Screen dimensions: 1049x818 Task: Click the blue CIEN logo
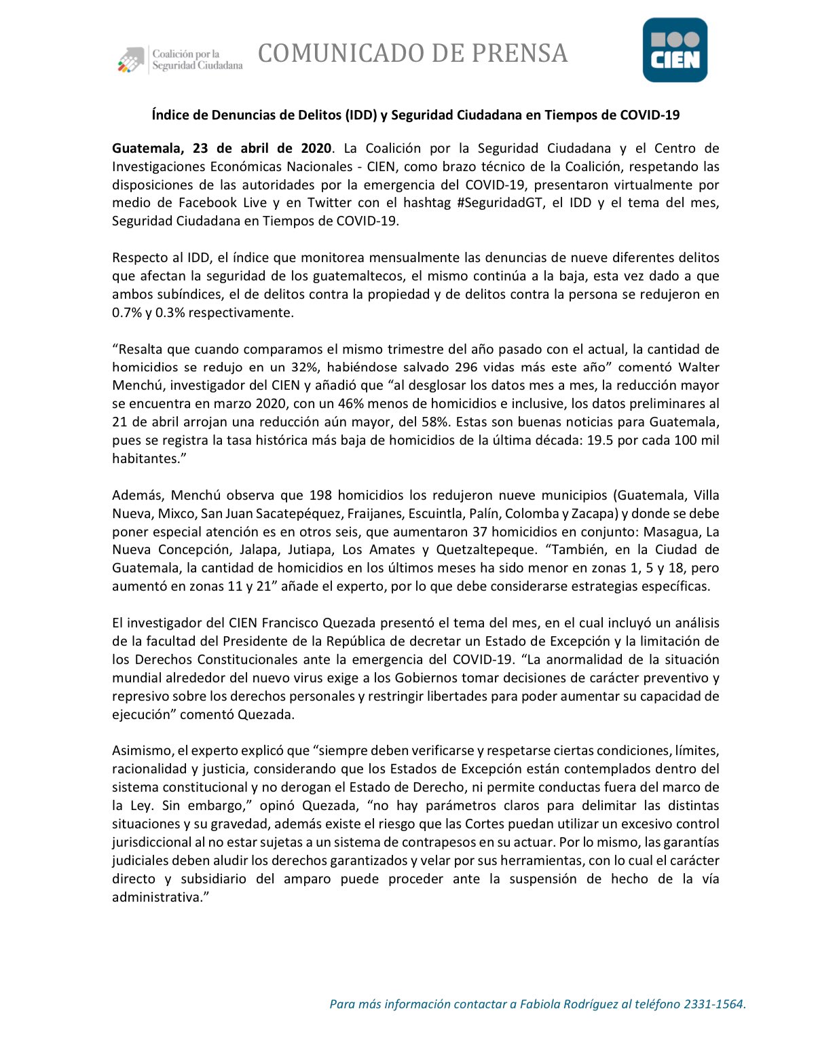tap(675, 50)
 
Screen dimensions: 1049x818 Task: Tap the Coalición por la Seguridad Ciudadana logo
tap(180, 60)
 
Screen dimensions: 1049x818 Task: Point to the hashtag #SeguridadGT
tap(499, 202)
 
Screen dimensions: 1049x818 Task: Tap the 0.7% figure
tap(126, 312)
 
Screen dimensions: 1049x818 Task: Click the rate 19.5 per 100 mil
tap(600, 440)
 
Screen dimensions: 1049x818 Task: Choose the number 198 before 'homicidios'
tap(320, 495)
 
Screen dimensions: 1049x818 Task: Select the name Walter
tap(699, 367)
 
